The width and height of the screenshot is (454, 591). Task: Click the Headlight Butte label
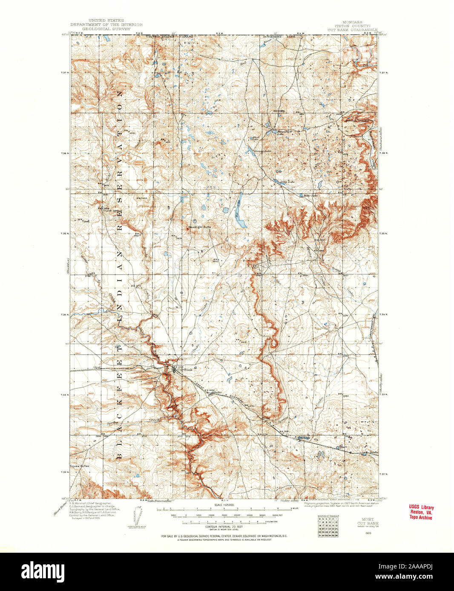pos(199,227)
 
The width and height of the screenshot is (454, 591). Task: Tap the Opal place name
pos(97,367)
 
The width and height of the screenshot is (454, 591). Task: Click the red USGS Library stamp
pos(421,512)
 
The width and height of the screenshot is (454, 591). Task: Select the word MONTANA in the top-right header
pos(351,22)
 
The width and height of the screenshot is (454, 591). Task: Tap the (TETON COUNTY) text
pos(351,26)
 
